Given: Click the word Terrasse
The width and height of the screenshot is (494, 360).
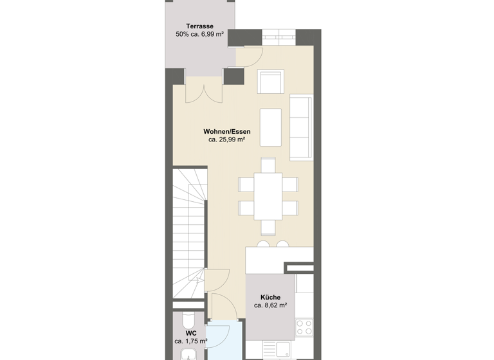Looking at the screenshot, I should (x=199, y=26).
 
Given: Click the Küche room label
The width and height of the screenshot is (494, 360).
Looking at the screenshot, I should (x=270, y=297).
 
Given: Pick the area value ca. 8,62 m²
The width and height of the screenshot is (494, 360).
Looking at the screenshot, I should (x=270, y=305).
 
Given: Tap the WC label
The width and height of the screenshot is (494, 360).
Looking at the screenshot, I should (x=191, y=333).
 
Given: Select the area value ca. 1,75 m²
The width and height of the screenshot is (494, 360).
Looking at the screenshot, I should (x=191, y=341).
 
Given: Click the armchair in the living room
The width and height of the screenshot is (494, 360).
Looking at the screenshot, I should (x=271, y=81).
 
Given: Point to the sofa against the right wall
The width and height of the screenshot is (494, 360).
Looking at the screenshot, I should (x=300, y=127).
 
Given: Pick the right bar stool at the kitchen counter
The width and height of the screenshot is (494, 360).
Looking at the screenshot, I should (x=282, y=244).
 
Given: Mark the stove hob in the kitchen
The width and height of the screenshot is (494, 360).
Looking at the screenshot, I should (x=303, y=327).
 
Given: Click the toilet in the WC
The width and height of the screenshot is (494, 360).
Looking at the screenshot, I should (x=188, y=319).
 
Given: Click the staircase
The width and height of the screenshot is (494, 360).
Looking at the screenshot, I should (x=188, y=231).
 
